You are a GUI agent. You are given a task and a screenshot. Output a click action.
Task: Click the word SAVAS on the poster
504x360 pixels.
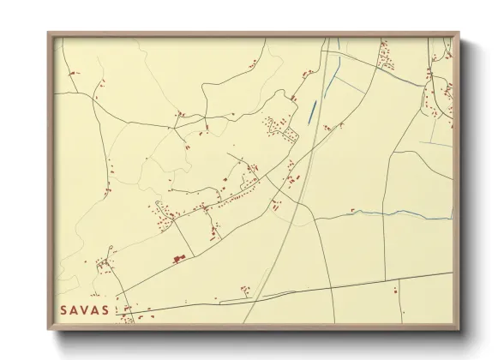(85, 309)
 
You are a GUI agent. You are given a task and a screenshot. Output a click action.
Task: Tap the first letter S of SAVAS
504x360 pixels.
(64, 309)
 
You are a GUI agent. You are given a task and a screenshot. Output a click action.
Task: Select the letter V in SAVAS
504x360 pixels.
(85, 309)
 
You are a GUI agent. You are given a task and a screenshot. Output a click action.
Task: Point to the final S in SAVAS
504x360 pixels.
(105, 309)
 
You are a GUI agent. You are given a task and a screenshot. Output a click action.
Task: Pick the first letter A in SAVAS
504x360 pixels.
(75, 309)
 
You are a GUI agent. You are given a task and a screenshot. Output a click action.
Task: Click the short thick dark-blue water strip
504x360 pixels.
(310, 109)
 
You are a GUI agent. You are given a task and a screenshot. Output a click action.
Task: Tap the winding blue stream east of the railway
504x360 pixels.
(386, 214)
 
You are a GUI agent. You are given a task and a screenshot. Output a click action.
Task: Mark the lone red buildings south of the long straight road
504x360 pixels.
(395, 292)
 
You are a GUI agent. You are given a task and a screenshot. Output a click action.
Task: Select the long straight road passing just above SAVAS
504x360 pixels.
(283, 291)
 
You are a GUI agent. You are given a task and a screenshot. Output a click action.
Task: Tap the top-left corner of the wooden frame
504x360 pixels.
(50, 33)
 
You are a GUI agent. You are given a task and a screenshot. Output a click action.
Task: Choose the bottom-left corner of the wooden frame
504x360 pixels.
(50, 328)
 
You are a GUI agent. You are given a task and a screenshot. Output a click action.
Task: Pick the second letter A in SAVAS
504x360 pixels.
(95, 309)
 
